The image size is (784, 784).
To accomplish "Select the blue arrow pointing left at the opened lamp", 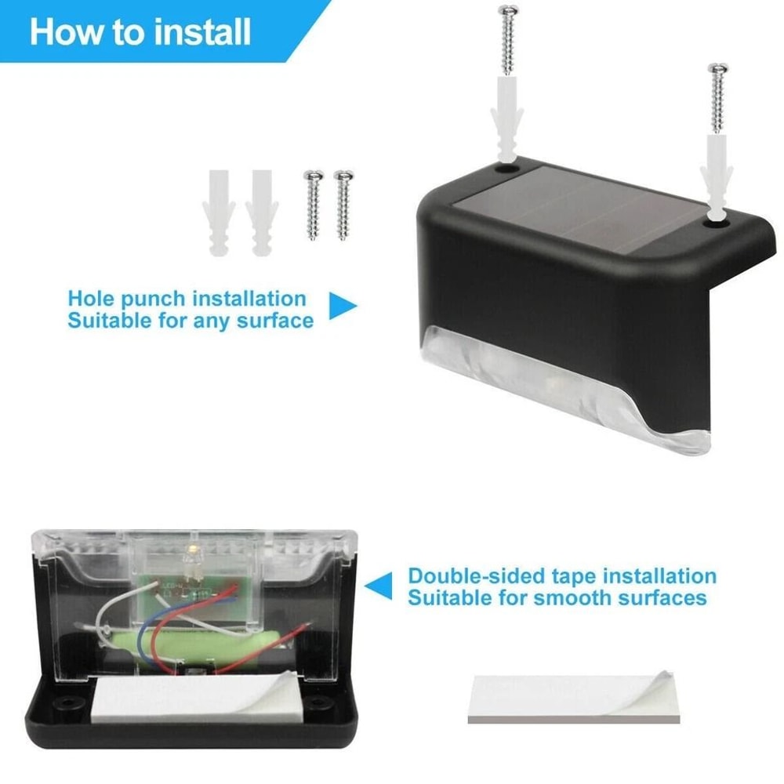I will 379,585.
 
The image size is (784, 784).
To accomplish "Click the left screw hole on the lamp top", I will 505,168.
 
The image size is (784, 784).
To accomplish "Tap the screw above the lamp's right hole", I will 717,98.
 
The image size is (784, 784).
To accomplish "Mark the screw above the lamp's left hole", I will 507,39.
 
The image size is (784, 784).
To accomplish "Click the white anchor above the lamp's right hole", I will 717,176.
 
